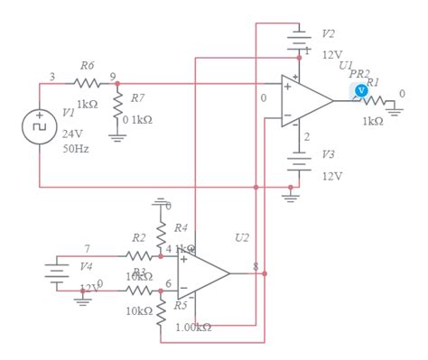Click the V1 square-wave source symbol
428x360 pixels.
click(x=40, y=127)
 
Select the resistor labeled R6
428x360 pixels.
click(x=87, y=83)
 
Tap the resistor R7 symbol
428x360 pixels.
click(x=116, y=104)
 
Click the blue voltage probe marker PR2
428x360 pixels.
click(x=361, y=89)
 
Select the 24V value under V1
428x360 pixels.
click(x=72, y=133)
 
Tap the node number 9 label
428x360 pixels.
click(x=112, y=76)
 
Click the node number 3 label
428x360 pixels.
click(x=51, y=77)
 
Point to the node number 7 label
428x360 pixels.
click(x=87, y=248)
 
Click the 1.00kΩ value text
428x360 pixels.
click(x=192, y=327)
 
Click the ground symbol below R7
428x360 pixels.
click(x=116, y=136)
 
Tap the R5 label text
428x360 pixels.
click(x=180, y=305)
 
